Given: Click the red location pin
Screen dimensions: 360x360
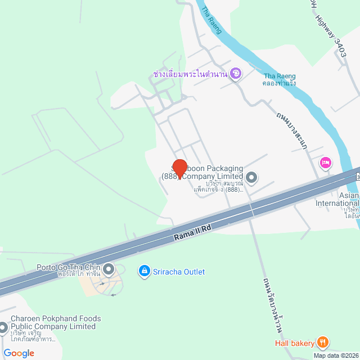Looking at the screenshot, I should tap(179, 168).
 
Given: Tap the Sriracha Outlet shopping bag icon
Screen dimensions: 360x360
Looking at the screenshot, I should tap(145, 272).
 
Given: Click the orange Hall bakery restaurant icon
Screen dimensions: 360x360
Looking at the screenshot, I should tap(322, 342).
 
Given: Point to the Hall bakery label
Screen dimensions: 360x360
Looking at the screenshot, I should tap(295, 343).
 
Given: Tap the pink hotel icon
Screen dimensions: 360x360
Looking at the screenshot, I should tap(325, 163).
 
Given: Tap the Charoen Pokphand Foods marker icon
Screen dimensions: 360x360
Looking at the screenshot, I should tap(3, 327).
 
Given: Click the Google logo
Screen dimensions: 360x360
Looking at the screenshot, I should tap(19, 353).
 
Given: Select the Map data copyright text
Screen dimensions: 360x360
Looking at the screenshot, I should tap(336, 355).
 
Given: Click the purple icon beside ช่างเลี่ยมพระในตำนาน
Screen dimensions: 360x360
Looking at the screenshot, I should tap(236, 73).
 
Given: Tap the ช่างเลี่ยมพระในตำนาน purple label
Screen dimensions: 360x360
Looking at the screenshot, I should tap(190, 74).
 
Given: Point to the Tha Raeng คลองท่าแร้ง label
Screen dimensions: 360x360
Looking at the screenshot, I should tap(280, 80).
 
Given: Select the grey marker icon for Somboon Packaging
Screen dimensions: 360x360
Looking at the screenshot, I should tap(252, 178).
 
